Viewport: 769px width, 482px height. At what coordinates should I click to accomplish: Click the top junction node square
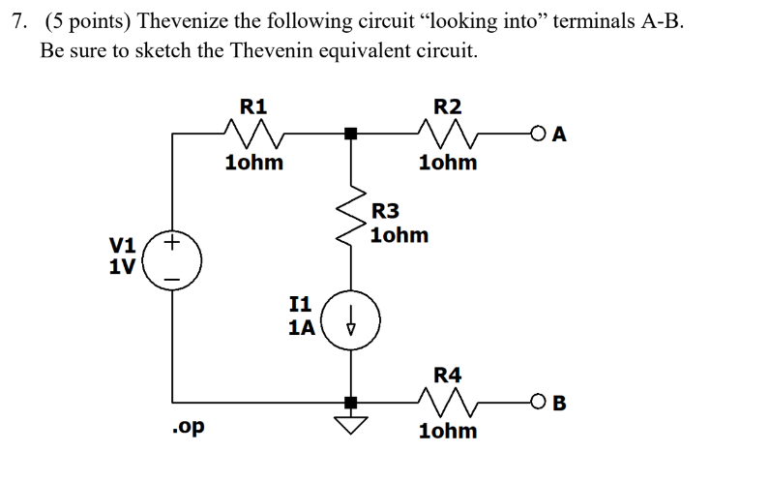352,135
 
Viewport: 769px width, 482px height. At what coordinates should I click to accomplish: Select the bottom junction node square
352,401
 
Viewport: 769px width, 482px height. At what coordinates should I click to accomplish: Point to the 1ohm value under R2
448,163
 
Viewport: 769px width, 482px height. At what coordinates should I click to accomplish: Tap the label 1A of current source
301,327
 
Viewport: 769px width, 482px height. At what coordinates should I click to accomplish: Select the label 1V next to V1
123,265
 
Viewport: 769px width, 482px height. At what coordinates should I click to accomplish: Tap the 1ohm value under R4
448,431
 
